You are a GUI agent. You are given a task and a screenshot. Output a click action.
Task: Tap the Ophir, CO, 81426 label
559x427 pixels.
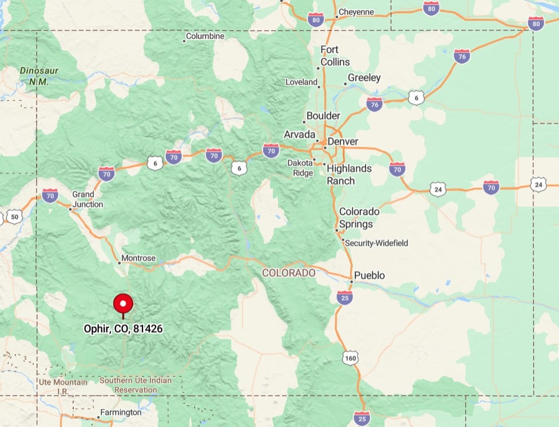click(x=123, y=329)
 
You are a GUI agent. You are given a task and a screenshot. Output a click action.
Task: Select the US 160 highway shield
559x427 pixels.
click(x=351, y=358)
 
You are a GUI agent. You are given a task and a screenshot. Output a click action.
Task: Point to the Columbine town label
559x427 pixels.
click(x=205, y=36)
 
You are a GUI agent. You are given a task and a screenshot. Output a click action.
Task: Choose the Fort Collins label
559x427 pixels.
click(x=335, y=55)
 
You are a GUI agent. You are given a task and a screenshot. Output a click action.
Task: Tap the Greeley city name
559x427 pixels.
click(x=364, y=78)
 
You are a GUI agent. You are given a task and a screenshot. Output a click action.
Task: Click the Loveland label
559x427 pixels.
click(x=302, y=82)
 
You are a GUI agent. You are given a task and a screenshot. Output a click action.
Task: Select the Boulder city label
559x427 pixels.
click(x=323, y=115)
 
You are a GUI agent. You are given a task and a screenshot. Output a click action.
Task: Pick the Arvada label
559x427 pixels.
click(x=299, y=134)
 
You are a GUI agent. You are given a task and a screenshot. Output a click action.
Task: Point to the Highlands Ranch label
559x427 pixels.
click(x=349, y=174)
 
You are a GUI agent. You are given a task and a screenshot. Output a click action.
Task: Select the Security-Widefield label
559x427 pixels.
click(x=376, y=243)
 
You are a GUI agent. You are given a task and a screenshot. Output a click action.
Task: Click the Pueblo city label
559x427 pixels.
click(x=369, y=276)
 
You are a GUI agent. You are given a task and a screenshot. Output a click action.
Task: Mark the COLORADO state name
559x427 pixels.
click(x=288, y=273)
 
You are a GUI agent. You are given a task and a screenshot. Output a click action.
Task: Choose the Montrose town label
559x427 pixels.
click(x=139, y=258)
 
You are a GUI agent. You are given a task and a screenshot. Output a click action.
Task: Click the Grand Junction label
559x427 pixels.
click(x=88, y=199)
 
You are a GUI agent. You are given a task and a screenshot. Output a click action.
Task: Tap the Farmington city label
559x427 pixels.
click(x=120, y=412)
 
